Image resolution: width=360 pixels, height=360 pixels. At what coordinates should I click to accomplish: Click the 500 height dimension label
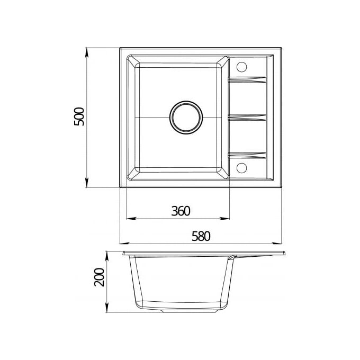click(79, 116)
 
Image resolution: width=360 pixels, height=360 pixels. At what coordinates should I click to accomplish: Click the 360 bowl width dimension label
click(181, 211)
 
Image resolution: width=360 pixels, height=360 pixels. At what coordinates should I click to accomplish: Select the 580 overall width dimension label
click(201, 236)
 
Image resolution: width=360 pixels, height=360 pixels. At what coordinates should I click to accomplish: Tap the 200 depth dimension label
click(99, 277)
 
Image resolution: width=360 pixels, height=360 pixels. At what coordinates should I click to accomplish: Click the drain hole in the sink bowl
click(186, 118)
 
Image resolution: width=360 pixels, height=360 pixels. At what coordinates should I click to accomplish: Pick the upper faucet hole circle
click(241, 67)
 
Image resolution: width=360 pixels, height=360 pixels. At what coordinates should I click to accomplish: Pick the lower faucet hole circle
click(241, 168)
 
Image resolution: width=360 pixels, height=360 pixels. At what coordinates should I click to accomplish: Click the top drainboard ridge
click(247, 79)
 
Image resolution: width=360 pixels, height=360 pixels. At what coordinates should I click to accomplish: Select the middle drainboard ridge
click(247, 118)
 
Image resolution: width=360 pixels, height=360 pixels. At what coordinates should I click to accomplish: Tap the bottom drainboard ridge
click(247, 156)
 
